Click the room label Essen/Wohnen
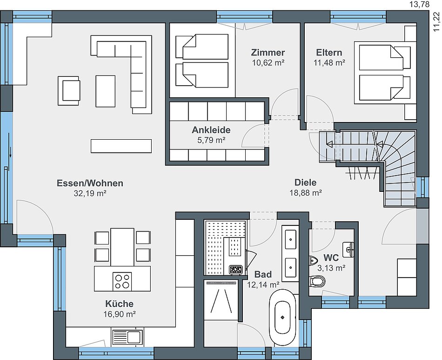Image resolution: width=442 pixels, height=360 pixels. pos(90,183)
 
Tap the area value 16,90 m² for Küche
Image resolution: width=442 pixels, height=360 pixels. pos(120,314)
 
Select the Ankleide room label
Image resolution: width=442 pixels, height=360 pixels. pos(211,130)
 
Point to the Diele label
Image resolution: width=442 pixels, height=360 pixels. pos(306,182)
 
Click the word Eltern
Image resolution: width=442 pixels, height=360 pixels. pos(329,53)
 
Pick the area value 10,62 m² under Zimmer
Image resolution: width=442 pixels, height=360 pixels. pos(268,62)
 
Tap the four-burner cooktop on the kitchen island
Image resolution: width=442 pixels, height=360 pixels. pos(122,281)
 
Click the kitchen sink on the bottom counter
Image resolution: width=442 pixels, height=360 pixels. pos(127,337)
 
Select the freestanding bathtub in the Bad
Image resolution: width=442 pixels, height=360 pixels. pos(283,318)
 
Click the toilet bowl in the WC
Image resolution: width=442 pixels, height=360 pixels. pos(317,281)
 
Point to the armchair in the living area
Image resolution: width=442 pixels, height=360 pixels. pos(69,90)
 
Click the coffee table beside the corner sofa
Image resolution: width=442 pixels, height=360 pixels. pos(106,91)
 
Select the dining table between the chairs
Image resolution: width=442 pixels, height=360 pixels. pos(122,247)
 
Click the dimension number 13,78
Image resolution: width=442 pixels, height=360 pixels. pos(420,4)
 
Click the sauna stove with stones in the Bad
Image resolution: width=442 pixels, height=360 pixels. pos(236,270)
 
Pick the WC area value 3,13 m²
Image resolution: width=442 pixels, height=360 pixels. pos(331,268)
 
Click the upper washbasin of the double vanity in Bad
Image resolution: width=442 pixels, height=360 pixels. pos(291,239)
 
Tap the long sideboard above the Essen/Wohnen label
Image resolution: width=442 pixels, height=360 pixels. pos(121,146)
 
